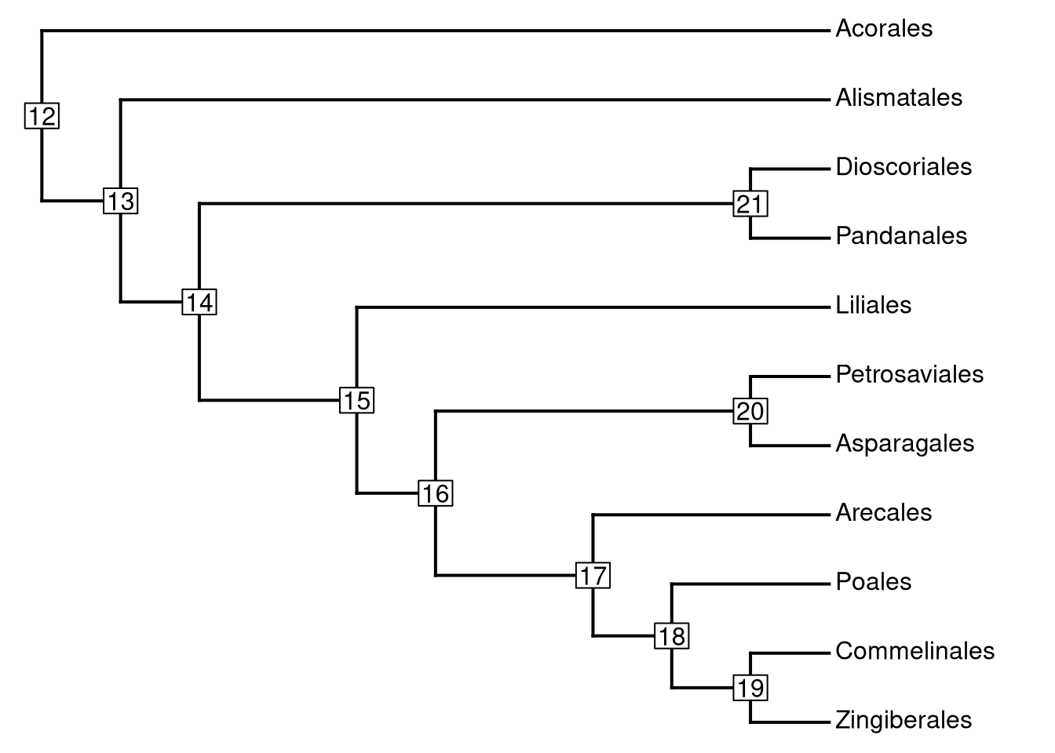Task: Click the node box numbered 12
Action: pyautogui.click(x=42, y=117)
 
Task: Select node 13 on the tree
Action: pyautogui.click(x=121, y=202)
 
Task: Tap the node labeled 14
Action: pyautogui.click(x=199, y=302)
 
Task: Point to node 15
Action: pyautogui.click(x=357, y=401)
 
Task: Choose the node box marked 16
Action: pyautogui.click(x=436, y=493)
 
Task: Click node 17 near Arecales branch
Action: pyautogui.click(x=593, y=576)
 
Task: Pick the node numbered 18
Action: pyautogui.click(x=672, y=636)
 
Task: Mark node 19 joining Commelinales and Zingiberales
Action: pyautogui.click(x=750, y=688)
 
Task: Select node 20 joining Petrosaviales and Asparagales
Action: pyautogui.click(x=750, y=411)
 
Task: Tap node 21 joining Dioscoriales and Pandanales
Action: pyautogui.click(x=750, y=204)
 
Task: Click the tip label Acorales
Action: pyautogui.click(x=884, y=29)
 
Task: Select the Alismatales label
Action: pyautogui.click(x=899, y=98)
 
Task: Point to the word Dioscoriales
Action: pyautogui.click(x=904, y=167)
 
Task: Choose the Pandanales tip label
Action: pyautogui.click(x=901, y=236)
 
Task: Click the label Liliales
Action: pyautogui.click(x=873, y=305)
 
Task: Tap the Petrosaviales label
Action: pyautogui.click(x=909, y=374)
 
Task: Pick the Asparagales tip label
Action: pyautogui.click(x=904, y=443)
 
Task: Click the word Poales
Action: pyautogui.click(x=873, y=582)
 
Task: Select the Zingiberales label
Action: pyautogui.click(x=904, y=720)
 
